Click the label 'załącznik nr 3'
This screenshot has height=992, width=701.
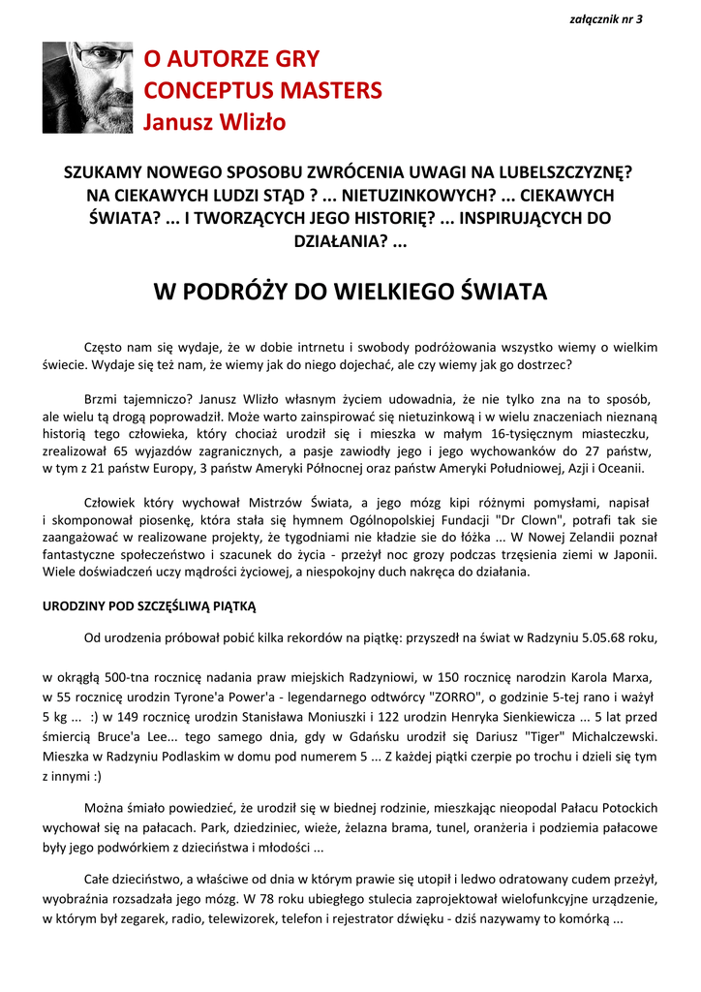[607, 19]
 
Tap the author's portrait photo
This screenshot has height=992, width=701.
[87, 87]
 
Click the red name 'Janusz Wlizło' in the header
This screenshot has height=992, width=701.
[215, 122]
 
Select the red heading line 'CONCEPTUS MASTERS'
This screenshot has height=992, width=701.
[262, 91]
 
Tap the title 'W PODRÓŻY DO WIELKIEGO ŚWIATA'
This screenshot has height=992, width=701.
[350, 292]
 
